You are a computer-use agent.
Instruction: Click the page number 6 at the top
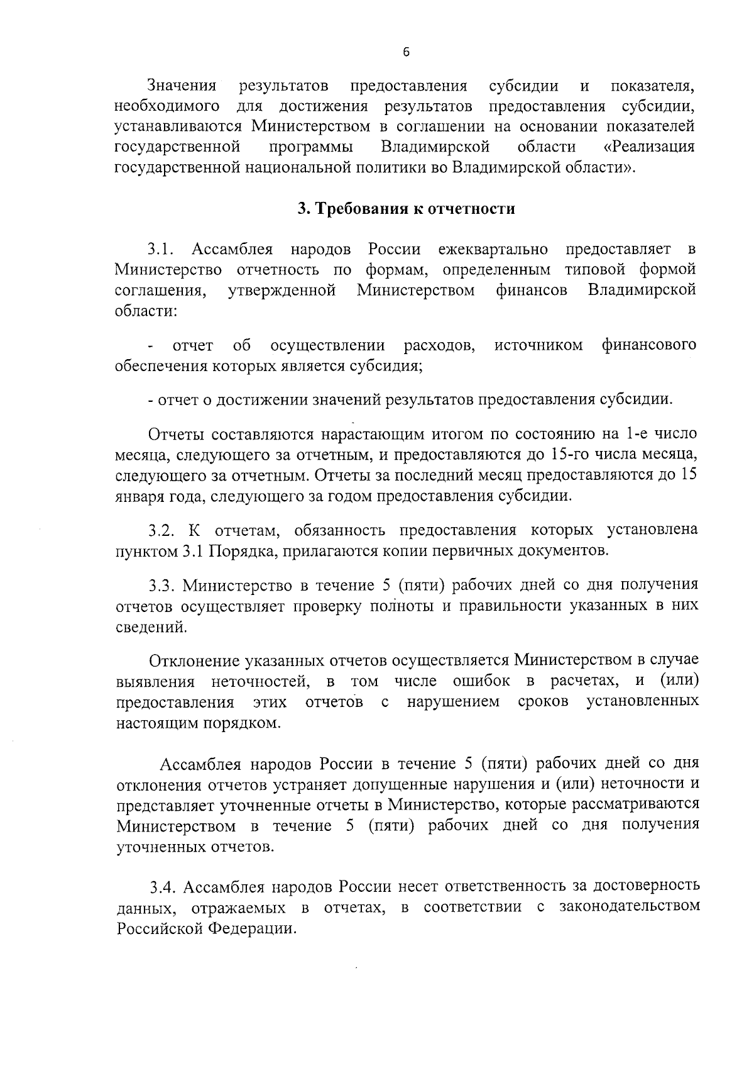406,52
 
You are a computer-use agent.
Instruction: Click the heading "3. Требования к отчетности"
406,209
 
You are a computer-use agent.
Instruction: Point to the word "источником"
538,345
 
